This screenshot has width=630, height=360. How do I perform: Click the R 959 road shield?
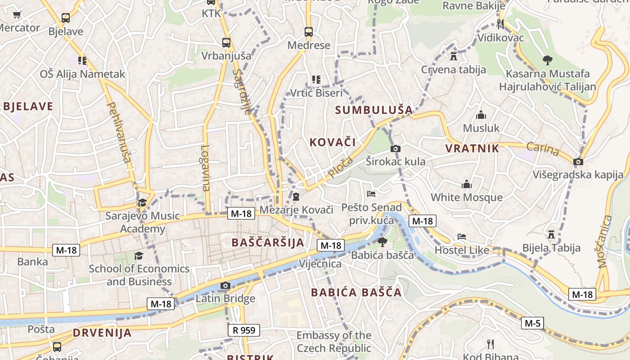click(244, 330)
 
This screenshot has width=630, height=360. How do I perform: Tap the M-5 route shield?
click(533, 323)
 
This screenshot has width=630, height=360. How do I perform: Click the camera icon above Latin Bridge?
click(225, 285)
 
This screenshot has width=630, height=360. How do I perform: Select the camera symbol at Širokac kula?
click(396, 148)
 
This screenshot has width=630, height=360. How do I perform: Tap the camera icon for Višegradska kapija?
click(578, 162)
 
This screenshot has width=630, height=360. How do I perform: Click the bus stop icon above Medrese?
click(308, 32)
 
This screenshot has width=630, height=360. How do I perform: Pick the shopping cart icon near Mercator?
click(17, 14)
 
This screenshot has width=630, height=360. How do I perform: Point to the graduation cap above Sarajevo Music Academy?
click(142, 202)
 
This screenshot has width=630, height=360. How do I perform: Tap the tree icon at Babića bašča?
click(382, 242)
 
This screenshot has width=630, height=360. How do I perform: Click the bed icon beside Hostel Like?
click(462, 237)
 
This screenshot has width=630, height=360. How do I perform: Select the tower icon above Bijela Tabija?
click(551, 234)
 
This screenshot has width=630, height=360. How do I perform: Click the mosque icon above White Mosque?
click(467, 184)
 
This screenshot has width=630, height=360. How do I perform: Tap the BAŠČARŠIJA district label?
click(268, 243)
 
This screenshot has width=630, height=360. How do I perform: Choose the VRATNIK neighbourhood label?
click(472, 148)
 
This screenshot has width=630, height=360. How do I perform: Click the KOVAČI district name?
click(333, 142)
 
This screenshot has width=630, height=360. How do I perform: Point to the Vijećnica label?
click(320, 264)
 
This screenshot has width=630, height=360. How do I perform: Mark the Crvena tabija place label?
click(454, 70)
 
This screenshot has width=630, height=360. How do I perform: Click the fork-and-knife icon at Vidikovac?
click(500, 24)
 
